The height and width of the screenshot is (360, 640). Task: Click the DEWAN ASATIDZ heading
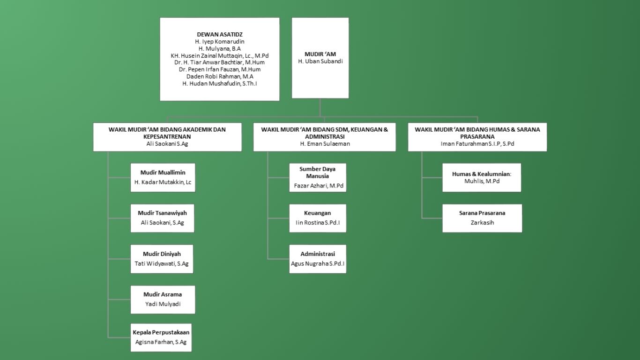220,35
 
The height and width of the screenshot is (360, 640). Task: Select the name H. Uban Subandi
320,61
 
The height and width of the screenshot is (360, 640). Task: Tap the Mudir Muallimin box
163,177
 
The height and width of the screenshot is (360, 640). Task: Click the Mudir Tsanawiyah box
162,218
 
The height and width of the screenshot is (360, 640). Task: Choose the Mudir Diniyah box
162,259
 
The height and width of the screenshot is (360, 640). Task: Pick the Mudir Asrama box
163,299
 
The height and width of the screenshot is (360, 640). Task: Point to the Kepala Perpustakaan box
161,337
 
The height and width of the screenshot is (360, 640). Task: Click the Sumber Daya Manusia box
318,177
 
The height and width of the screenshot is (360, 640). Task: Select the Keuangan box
318,218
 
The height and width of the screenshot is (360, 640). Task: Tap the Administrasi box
318,259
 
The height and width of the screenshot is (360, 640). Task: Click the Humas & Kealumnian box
482,177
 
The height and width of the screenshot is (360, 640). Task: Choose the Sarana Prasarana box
482,218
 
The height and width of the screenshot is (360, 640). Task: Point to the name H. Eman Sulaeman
325,144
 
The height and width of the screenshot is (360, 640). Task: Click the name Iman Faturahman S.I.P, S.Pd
477,144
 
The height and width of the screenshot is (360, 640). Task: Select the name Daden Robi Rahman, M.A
220,76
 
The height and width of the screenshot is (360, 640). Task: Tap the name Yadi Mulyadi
163,304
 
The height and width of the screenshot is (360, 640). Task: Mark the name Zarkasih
482,223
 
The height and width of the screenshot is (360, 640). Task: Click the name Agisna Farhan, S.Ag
161,342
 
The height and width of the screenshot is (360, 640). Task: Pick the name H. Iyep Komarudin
220,42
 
